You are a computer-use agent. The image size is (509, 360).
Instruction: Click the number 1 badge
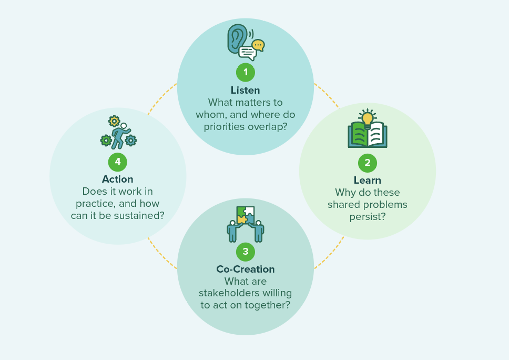tap(246, 72)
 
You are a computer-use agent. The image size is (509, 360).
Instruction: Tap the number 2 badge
tap(368, 163)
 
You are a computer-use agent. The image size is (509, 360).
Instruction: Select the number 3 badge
tap(246, 252)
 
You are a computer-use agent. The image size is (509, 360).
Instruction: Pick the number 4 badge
tap(117, 162)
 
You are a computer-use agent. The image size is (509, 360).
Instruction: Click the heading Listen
tap(246, 91)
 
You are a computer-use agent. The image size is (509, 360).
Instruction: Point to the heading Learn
tap(368, 181)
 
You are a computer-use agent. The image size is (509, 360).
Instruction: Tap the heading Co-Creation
tap(246, 269)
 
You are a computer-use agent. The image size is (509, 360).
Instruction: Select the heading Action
tap(117, 179)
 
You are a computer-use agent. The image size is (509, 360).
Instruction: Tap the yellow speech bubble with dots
tap(258, 45)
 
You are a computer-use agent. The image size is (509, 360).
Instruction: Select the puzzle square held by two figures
tap(246, 216)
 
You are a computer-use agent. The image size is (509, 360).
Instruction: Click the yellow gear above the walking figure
tap(114, 121)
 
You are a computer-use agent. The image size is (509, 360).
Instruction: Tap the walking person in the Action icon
tap(121, 136)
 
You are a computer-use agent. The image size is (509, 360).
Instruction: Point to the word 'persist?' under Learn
tap(368, 217)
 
